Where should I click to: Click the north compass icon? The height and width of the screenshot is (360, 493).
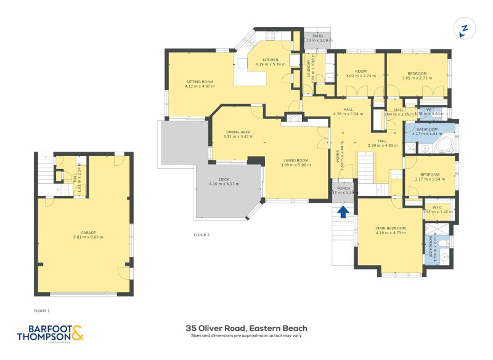click(x=465, y=29)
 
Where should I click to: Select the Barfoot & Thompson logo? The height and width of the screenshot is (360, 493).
click(x=49, y=333)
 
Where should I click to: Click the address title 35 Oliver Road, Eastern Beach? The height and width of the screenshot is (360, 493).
click(x=246, y=328)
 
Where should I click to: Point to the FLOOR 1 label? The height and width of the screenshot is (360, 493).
click(x=42, y=311)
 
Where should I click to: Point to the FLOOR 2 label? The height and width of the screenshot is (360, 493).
click(x=202, y=235)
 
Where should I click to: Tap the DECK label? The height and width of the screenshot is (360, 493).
click(x=219, y=181)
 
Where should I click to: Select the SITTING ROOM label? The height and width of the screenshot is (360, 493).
click(x=200, y=82)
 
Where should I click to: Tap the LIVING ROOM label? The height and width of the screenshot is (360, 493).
click(x=295, y=160)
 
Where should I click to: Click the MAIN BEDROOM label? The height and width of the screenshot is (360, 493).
click(x=391, y=229)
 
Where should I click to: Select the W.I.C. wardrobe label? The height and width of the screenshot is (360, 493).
click(x=438, y=207)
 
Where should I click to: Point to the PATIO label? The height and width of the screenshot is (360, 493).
click(x=317, y=36)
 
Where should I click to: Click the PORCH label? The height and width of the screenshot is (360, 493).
click(x=343, y=188)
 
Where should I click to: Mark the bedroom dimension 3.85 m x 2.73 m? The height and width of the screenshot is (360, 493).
click(x=417, y=78)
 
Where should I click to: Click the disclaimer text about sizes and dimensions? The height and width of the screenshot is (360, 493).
click(x=246, y=336)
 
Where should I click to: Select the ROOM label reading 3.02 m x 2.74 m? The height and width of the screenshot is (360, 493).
click(x=361, y=72)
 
